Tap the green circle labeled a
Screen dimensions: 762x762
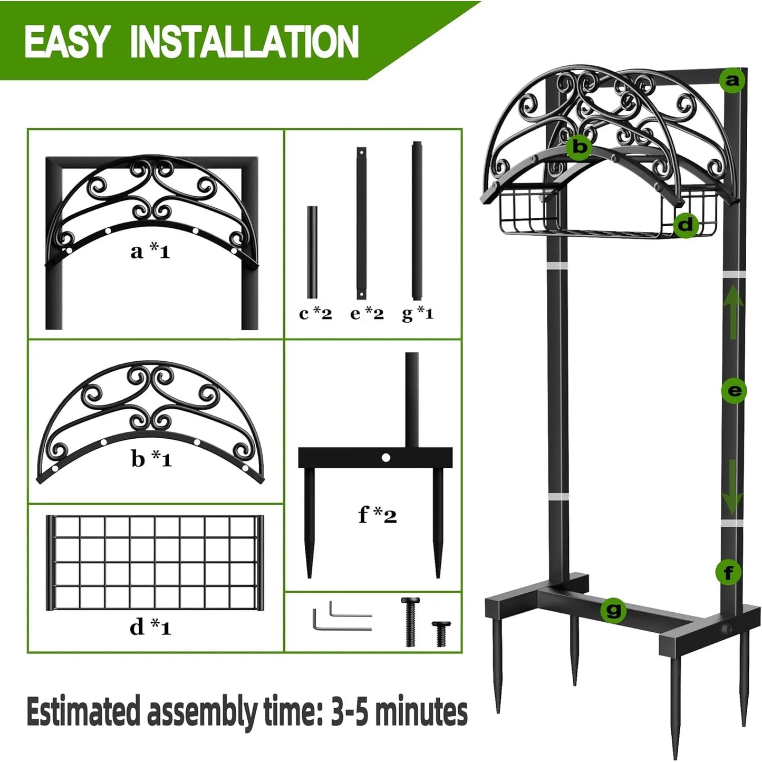tap(732, 81)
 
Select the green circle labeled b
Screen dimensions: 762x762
tap(580, 147)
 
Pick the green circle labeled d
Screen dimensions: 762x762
tap(686, 225)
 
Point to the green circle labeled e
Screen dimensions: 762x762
tap(734, 391)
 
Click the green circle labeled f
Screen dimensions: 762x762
tap(728, 572)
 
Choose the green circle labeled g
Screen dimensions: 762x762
tap(614, 611)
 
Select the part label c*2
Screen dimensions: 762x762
tap(315, 314)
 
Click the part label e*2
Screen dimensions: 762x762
tap(367, 314)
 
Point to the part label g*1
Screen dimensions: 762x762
tap(418, 314)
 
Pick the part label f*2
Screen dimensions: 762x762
tap(377, 515)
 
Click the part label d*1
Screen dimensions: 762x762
tap(150, 626)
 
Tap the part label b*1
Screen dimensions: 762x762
tap(152, 459)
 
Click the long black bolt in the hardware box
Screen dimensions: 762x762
tap(410, 622)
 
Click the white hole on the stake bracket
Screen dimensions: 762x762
tap(386, 458)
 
